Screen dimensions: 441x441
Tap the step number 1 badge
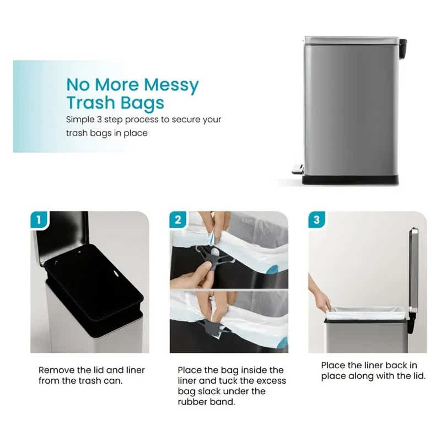pyautogui.click(x=38, y=219)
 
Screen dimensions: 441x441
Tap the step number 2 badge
pyautogui.click(x=178, y=219)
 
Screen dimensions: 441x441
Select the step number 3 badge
pyautogui.click(x=316, y=219)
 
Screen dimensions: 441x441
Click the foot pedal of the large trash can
pyautogui.click(x=298, y=170)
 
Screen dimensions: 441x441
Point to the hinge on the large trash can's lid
pyautogui.click(x=403, y=48)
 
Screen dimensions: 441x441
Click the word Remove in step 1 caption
pyautogui.click(x=56, y=370)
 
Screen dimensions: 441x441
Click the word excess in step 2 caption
pyautogui.click(x=268, y=380)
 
